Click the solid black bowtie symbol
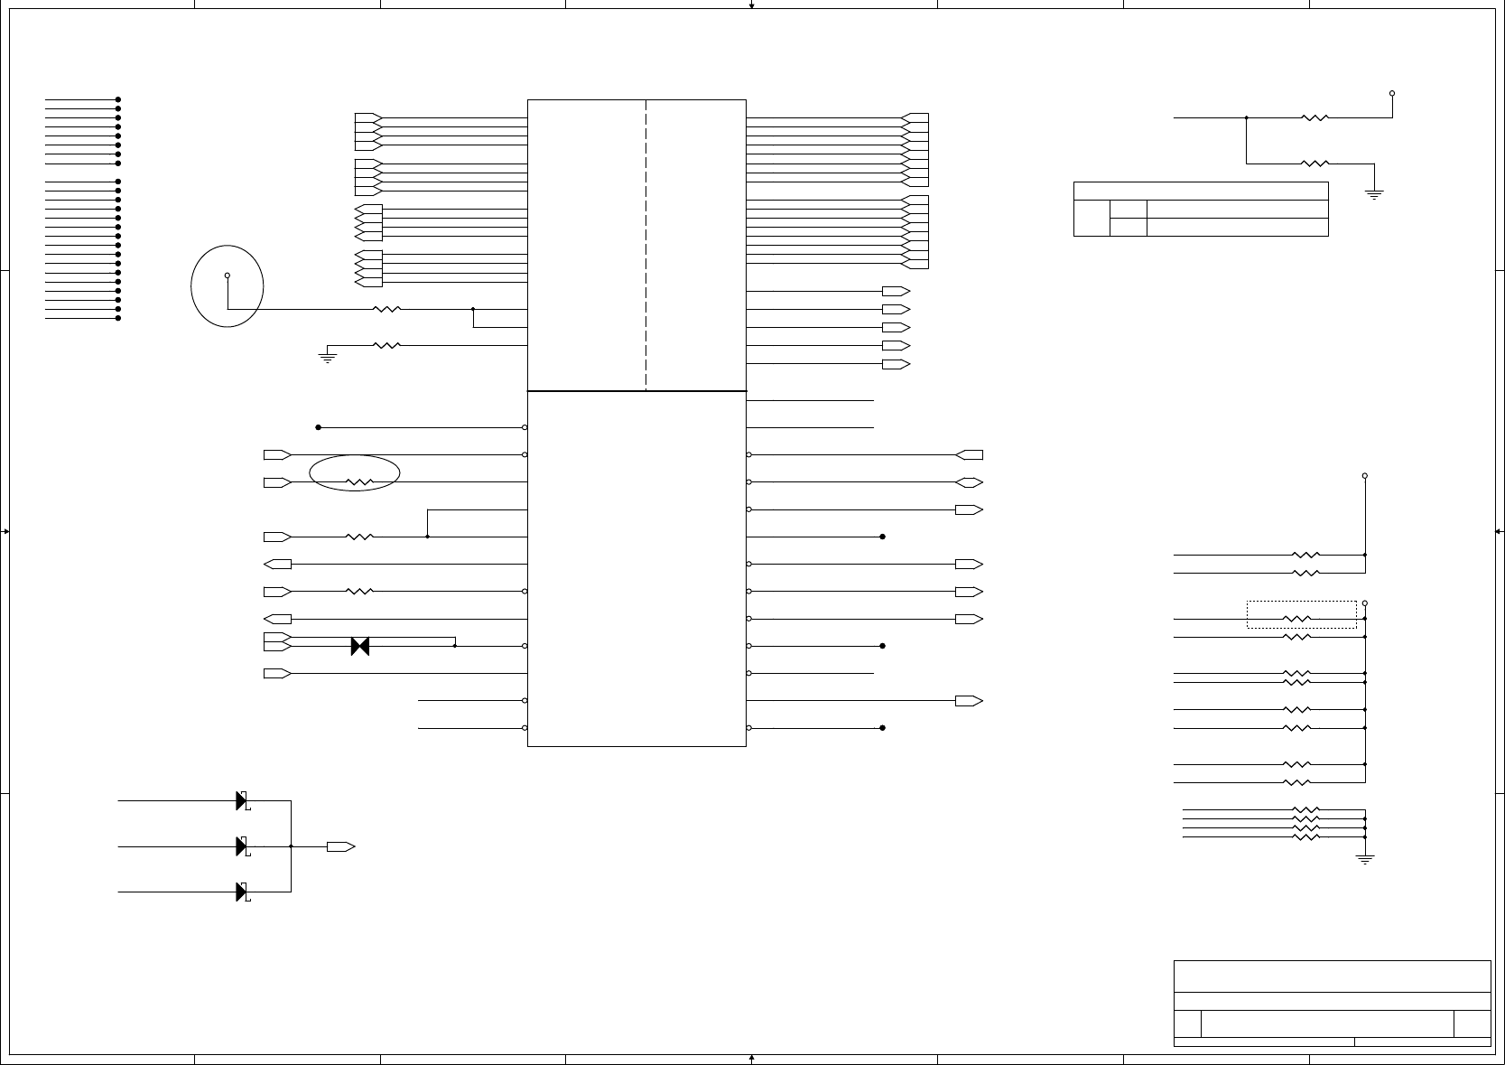[360, 646]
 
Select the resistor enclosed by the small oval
[359, 482]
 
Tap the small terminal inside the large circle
[227, 276]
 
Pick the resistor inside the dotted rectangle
[1296, 619]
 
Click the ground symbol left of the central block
[327, 358]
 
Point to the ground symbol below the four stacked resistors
[1365, 859]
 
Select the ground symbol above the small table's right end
[1374, 194]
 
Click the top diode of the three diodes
[242, 800]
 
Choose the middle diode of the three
[242, 846]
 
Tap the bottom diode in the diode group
[242, 892]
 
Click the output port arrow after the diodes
[340, 846]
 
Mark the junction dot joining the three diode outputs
[291, 846]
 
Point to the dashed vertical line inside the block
[646, 244]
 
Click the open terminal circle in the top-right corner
[1392, 93]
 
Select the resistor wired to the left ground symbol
[386, 345]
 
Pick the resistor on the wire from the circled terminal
[386, 309]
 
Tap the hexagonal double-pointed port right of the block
[969, 482]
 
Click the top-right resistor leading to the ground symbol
[1315, 163]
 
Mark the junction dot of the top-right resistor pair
[1247, 117]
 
